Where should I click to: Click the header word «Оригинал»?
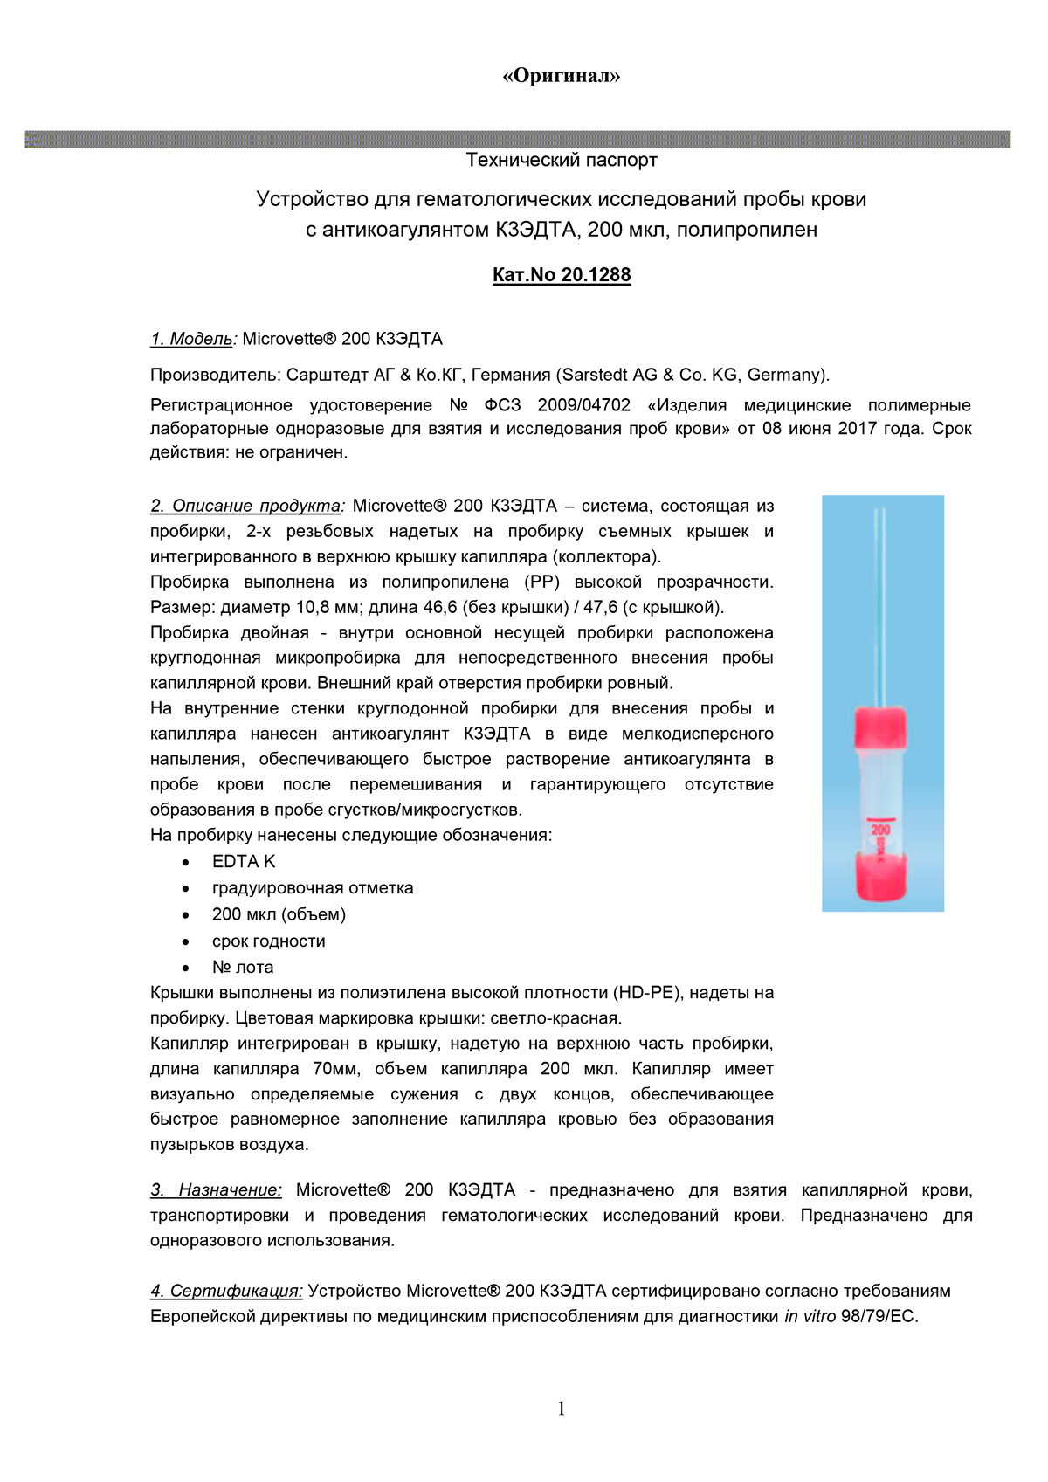tap(561, 76)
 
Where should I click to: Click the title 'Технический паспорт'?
tap(561, 160)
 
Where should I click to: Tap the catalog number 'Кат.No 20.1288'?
tap(561, 275)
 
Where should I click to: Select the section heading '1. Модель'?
tap(192, 339)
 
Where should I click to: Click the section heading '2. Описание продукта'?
tap(247, 506)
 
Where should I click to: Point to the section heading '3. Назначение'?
tap(217, 1189)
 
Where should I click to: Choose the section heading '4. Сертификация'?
tap(226, 1291)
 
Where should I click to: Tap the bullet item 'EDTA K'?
tap(244, 862)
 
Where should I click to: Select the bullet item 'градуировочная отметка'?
tap(313, 888)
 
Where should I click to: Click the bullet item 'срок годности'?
tap(268, 941)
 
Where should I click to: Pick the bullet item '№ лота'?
tap(243, 968)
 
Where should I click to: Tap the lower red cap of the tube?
tap(880, 876)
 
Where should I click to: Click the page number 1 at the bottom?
tap(561, 1408)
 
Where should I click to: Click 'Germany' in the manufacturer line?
tap(784, 376)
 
